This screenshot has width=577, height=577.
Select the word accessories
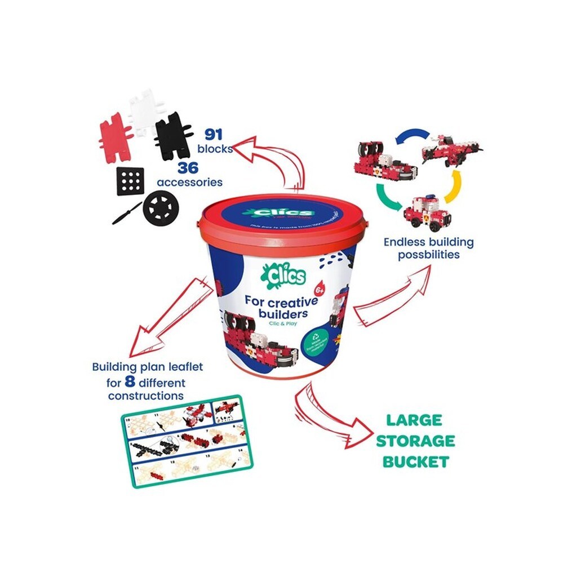coord(189,182)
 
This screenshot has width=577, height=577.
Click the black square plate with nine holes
coord(130,181)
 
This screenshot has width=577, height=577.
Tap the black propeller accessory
coord(127,214)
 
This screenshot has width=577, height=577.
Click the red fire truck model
coord(427,212)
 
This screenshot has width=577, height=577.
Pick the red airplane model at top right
coord(450,149)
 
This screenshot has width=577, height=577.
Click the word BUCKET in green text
coord(416,462)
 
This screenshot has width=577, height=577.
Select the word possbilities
coord(429,254)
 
